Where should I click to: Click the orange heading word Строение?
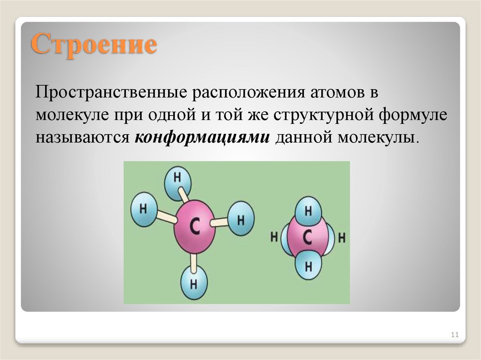pyautogui.click(x=94, y=46)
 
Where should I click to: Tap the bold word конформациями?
pyautogui.click(x=202, y=138)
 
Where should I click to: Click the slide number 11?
pyautogui.click(x=454, y=335)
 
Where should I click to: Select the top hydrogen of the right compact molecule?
pyautogui.click(x=309, y=211)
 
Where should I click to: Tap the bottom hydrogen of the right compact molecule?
pyautogui.click(x=309, y=267)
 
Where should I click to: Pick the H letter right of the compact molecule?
pyautogui.click(x=342, y=237)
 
